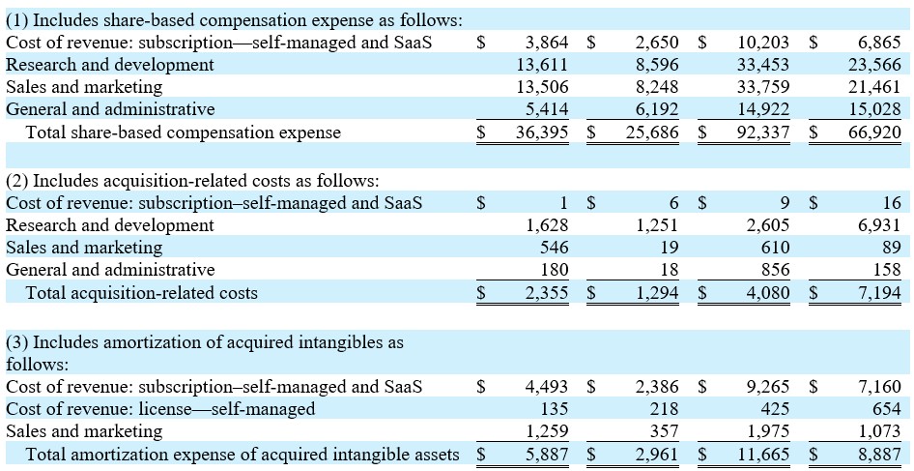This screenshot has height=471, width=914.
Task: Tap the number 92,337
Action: [x=762, y=132]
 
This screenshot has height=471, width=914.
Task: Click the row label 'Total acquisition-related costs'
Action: [x=141, y=292]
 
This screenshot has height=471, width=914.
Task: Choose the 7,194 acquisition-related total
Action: [x=878, y=292]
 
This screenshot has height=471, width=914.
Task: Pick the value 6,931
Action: [x=878, y=225]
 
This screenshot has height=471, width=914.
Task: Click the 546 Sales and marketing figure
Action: [x=554, y=248]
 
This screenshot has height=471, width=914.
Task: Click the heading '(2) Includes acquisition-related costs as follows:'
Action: [x=192, y=181]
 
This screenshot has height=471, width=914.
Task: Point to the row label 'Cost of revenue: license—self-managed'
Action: [x=160, y=409]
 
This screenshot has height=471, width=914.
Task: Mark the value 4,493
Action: [x=546, y=387]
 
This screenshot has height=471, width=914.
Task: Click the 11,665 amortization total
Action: [x=762, y=454]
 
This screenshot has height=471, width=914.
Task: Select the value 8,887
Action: [x=878, y=454]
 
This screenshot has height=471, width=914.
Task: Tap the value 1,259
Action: [x=546, y=431]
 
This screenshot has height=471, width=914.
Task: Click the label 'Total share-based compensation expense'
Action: [x=183, y=132]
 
